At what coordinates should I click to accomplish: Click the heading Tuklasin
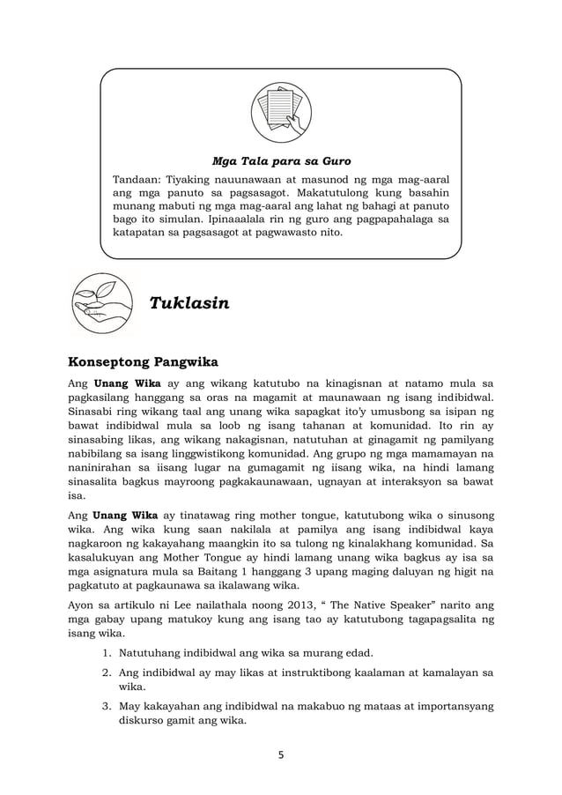[x=189, y=304]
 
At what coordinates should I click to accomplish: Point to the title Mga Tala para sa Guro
[x=282, y=162]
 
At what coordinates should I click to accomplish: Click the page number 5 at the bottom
[x=281, y=755]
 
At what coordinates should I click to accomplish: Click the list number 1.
[x=103, y=652]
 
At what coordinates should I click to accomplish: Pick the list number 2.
[x=103, y=674]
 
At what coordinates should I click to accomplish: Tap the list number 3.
[x=103, y=707]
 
